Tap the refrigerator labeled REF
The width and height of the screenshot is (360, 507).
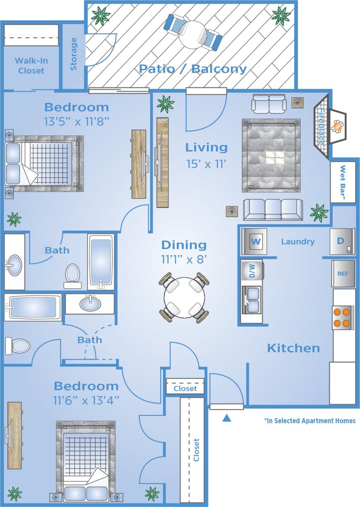pos(343,273)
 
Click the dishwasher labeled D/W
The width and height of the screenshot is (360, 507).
pos(252,270)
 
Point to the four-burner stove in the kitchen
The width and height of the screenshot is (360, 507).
pos(341,317)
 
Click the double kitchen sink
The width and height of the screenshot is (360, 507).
pos(253,300)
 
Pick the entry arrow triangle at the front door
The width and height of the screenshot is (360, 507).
pos(227,418)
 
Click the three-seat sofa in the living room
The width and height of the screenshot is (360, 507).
pos(273,209)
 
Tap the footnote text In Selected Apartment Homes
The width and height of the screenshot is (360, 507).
pos(310,421)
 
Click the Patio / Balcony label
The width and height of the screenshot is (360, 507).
pos(192,69)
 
